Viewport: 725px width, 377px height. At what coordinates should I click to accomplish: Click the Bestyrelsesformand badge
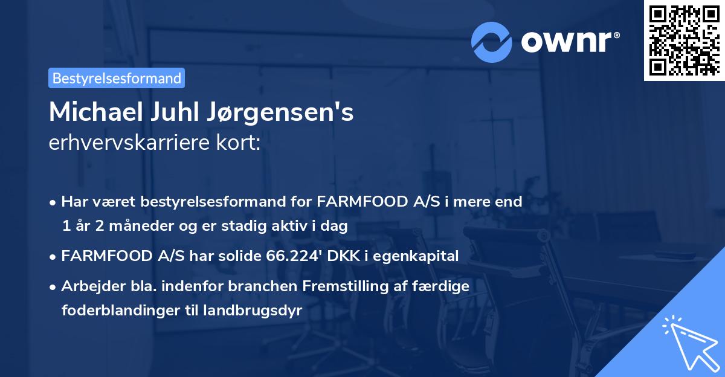click(117, 78)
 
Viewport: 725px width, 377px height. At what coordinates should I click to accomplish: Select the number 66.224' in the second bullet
click(290, 256)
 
